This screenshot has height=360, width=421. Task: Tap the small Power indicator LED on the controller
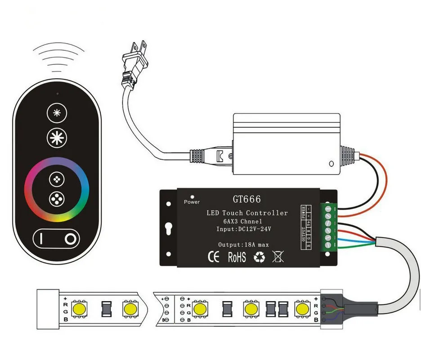193,197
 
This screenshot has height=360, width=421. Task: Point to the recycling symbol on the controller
260,257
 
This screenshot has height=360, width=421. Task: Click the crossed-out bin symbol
278,257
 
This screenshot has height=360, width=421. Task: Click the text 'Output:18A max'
243,244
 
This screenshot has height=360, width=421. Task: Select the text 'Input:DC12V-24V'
244,229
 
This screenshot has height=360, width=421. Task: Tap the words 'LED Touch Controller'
247,213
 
